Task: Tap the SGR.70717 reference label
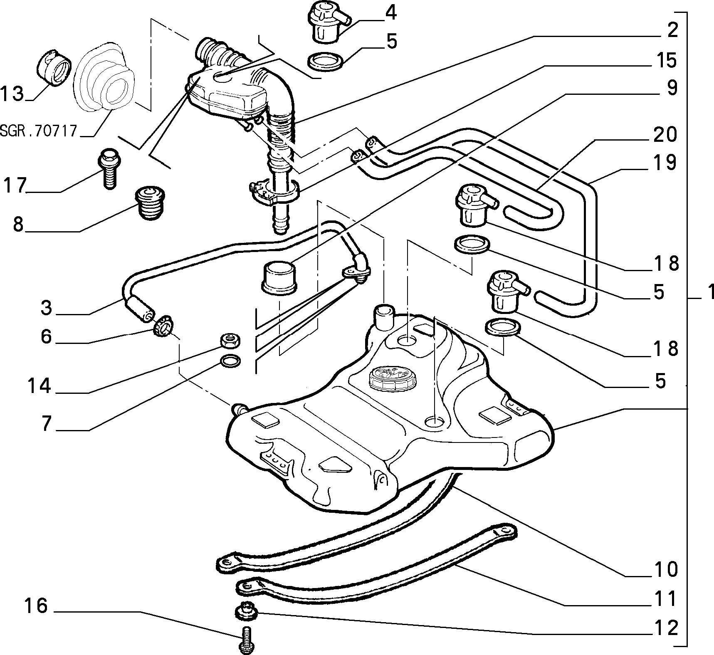coord(39,131)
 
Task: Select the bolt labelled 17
coord(109,169)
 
